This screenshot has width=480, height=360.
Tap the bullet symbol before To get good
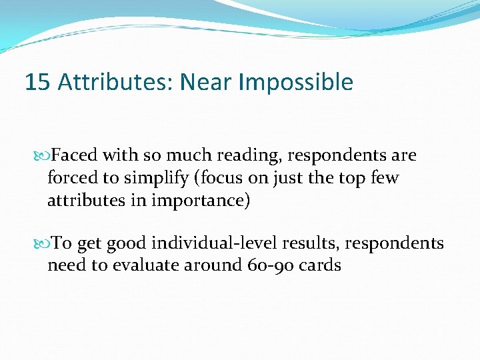click(45, 244)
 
